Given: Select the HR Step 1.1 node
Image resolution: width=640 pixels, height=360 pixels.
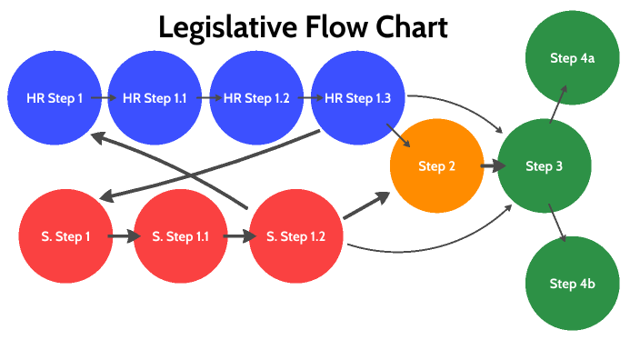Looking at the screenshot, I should [155, 98].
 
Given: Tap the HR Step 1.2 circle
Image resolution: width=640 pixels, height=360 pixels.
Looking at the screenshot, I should [256, 98].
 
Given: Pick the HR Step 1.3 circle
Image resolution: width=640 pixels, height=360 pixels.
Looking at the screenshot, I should [357, 98].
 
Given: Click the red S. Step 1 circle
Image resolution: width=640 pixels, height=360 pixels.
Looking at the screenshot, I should [65, 236].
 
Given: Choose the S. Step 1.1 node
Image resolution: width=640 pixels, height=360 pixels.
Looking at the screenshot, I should [180, 236].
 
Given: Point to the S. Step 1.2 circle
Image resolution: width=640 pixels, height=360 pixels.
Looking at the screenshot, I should [295, 236].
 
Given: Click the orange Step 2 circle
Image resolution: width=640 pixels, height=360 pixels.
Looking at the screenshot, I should [436, 166].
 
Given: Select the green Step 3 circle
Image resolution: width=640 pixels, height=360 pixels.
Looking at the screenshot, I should [545, 166].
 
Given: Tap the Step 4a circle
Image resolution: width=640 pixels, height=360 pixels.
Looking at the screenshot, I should [572, 58].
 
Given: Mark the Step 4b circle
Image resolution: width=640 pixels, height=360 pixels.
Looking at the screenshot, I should [572, 284].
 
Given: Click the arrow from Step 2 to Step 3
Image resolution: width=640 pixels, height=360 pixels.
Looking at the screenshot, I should [492, 166].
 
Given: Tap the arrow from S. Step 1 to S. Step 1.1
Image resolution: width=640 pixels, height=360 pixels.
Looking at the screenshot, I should [123, 236].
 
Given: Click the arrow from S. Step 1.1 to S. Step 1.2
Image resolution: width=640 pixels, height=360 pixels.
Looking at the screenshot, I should [237, 236].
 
